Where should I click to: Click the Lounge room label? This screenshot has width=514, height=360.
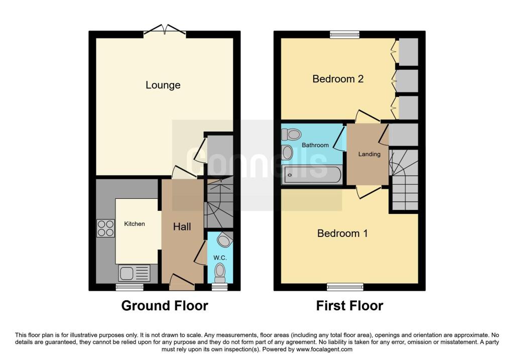click(163, 85)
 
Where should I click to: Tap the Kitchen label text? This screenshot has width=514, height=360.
click(135, 224)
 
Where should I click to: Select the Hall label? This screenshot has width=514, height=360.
click(182, 226)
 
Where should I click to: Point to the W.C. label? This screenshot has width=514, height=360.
click(220, 258)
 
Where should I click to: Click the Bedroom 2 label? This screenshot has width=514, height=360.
click(338, 79)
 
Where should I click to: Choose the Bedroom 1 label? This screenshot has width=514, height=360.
click(342, 233)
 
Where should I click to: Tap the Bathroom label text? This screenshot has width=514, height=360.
click(315, 145)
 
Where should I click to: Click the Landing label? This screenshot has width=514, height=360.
click(369, 154)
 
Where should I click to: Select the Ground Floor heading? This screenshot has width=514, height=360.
click(165, 306)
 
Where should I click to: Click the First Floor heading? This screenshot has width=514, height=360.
click(349, 306)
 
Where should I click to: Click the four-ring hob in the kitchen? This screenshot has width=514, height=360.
click(105, 228)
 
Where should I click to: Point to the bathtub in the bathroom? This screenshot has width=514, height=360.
click(311, 175)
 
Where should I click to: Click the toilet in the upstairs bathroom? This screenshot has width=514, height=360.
click(292, 135)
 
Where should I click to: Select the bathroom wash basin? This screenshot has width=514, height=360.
click(287, 153)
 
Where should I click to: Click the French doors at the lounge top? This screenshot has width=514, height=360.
click(165, 30)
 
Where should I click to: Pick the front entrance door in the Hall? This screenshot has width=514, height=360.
click(182, 282)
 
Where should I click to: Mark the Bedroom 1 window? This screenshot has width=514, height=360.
click(345, 287)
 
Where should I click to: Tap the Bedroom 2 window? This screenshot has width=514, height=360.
click(344, 35)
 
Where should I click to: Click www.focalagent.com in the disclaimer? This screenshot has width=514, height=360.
click(324, 349)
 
